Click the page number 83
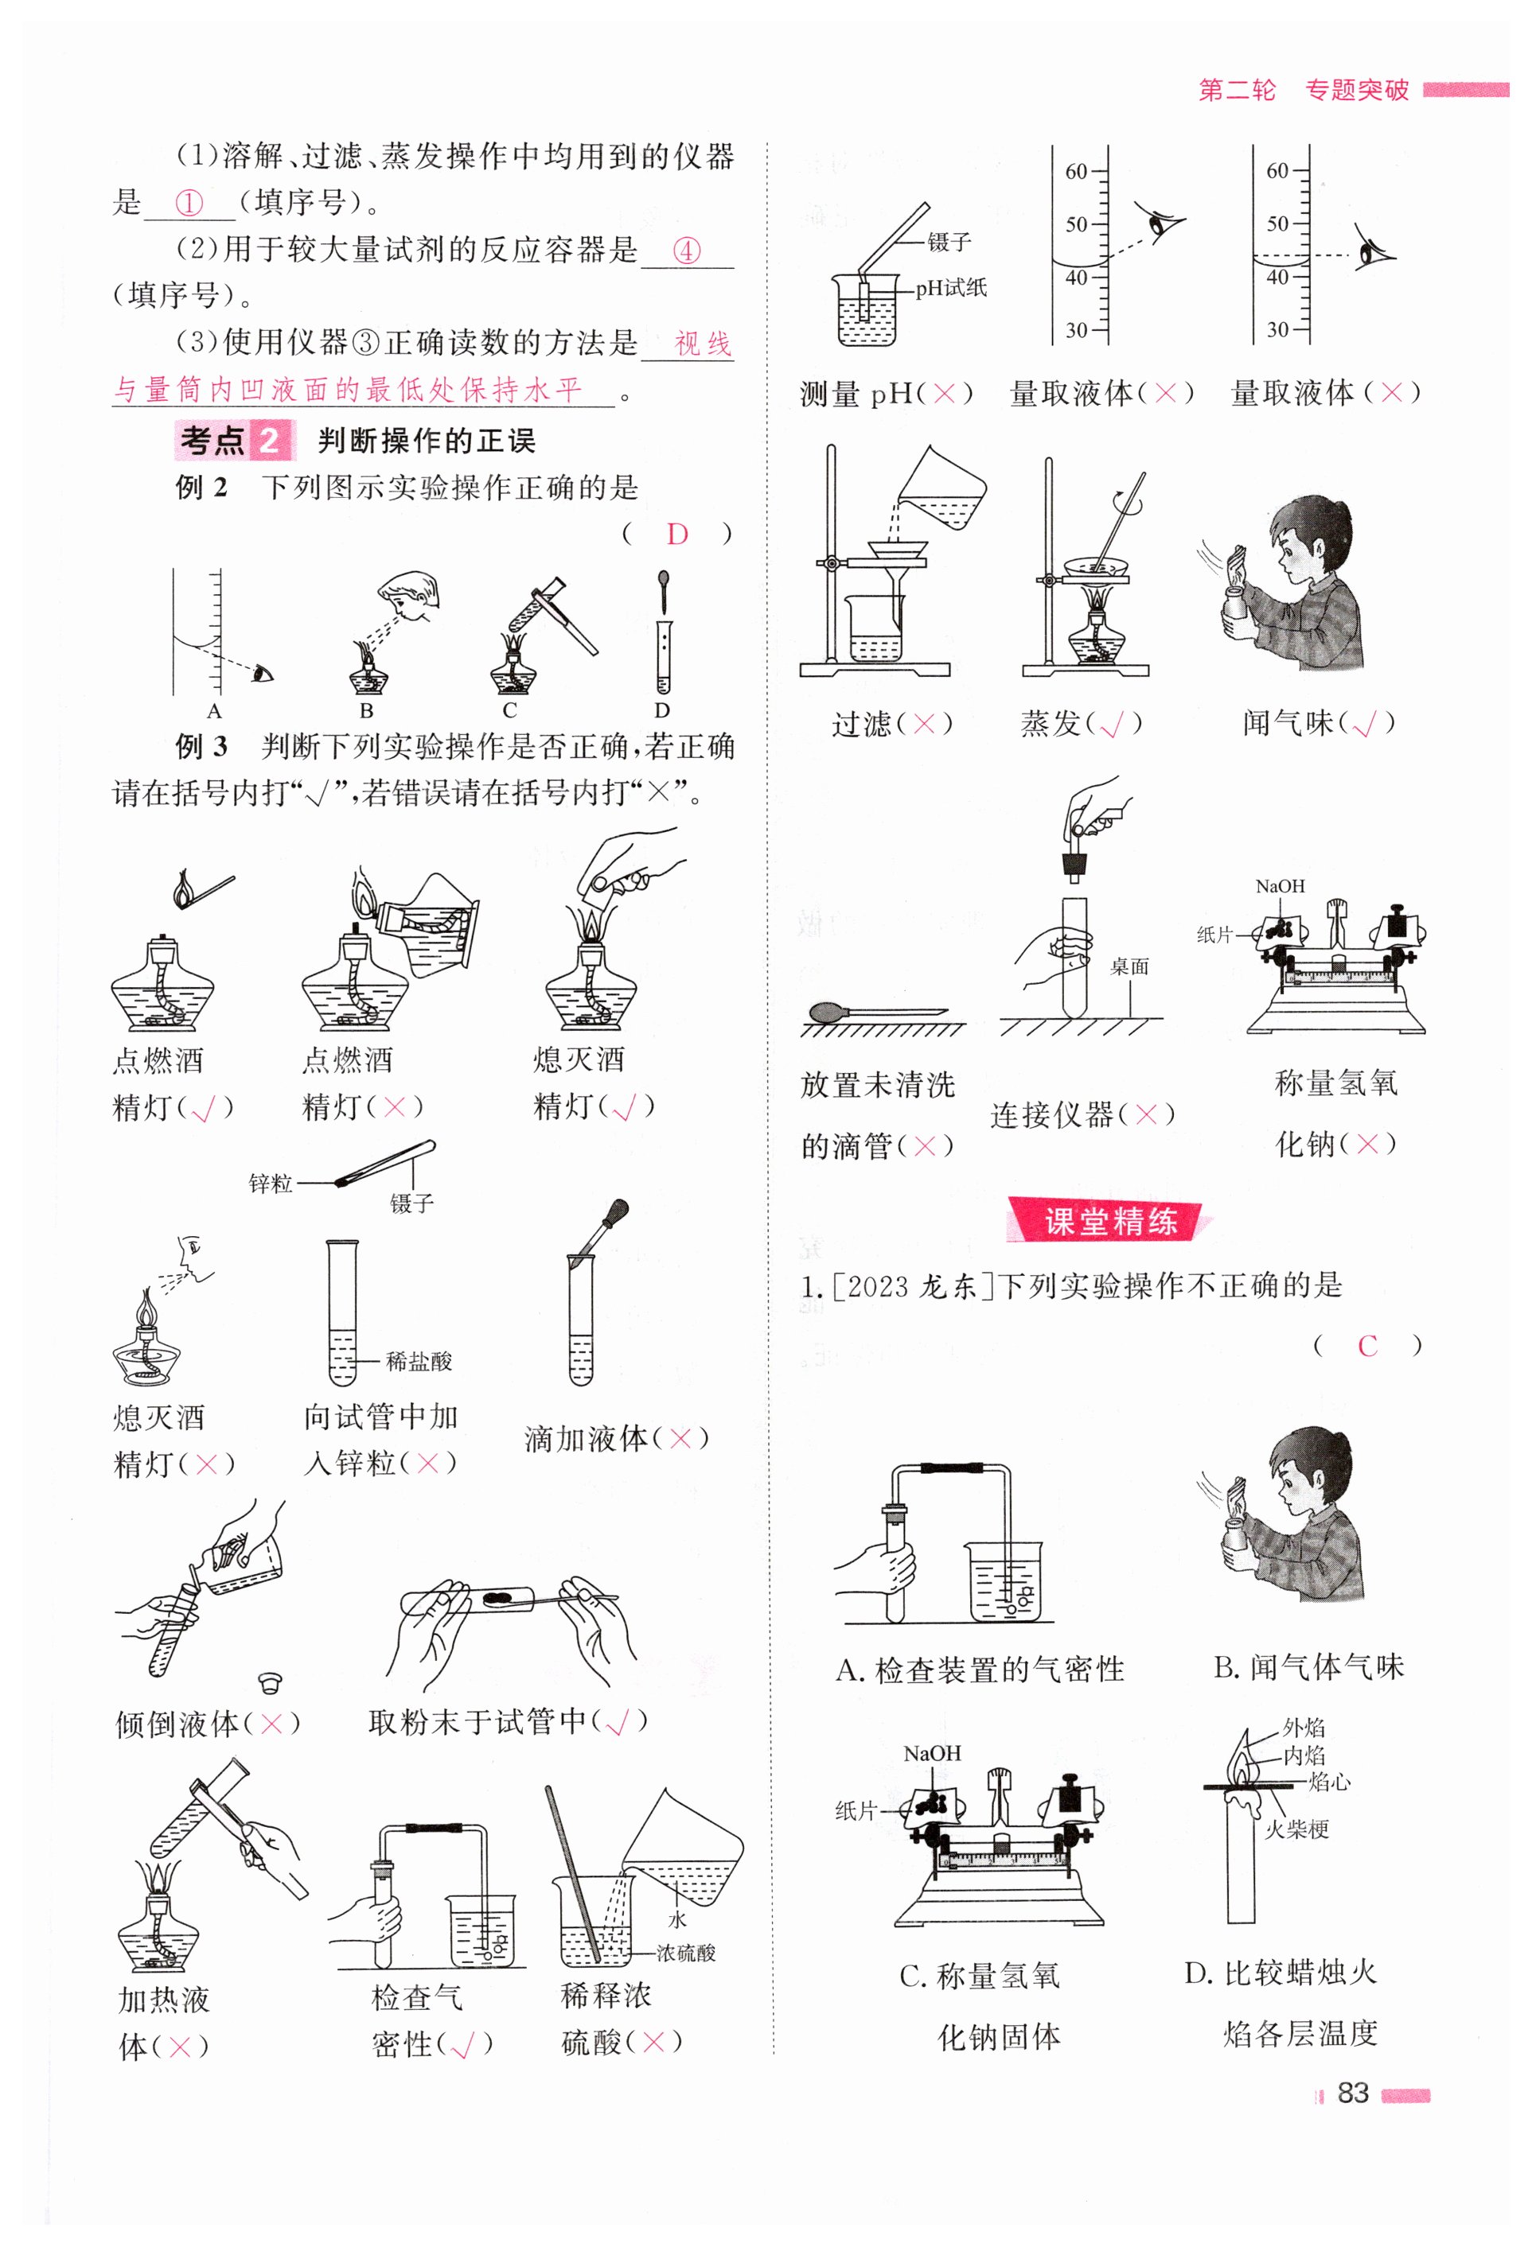point(1352,2093)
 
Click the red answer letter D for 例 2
point(677,534)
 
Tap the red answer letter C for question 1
point(1366,1346)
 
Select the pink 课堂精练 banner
point(1109,1220)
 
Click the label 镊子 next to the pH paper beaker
point(949,242)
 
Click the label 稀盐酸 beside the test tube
point(419,1362)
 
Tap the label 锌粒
point(270,1184)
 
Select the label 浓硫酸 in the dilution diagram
point(686,1953)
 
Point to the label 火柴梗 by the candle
point(1297,1829)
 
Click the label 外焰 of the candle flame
point(1304,1727)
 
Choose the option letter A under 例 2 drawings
point(214,710)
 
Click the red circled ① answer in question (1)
point(189,203)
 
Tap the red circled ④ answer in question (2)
point(686,251)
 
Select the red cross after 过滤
point(925,723)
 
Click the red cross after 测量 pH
point(944,394)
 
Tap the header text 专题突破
point(1357,90)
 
